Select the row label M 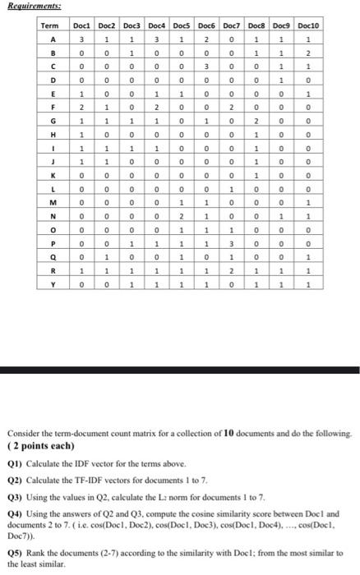(53, 202)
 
